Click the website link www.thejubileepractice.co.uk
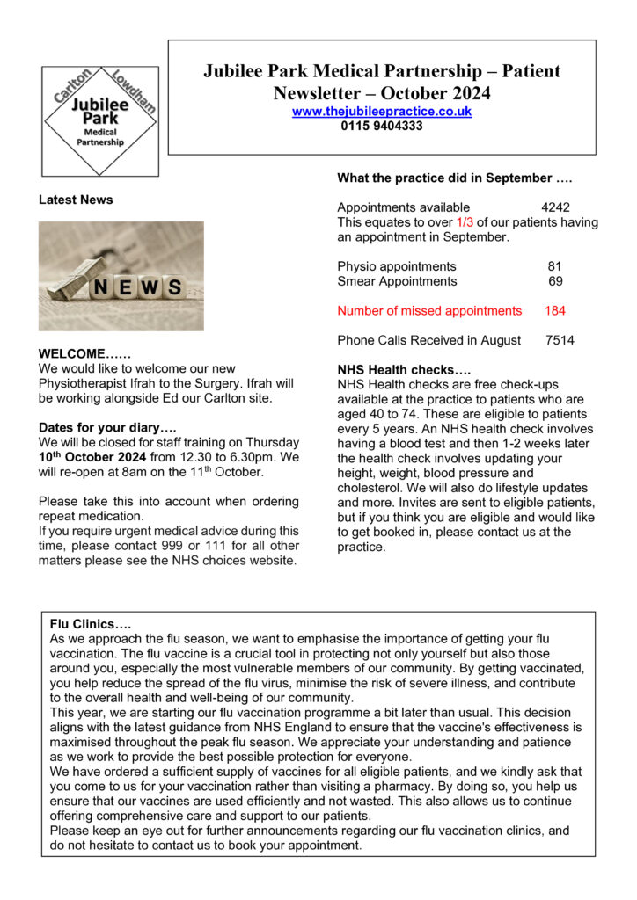[x=382, y=112]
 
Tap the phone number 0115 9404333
[x=382, y=126]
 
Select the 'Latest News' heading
[x=76, y=200]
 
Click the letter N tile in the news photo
[x=101, y=287]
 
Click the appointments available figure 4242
[x=555, y=207]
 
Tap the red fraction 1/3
[x=465, y=222]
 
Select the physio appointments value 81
[x=554, y=266]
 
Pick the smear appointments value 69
[x=555, y=281]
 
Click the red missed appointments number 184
[x=555, y=310]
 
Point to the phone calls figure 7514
[x=560, y=339]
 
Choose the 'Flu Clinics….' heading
[x=91, y=624]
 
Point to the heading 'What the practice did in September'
[x=455, y=178]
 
